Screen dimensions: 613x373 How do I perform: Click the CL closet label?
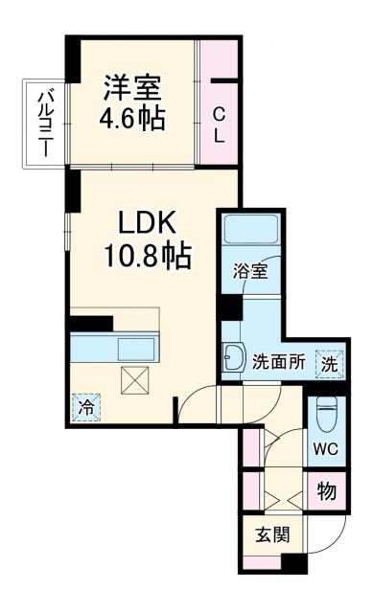coord(219,122)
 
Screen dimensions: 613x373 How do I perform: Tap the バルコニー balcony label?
coord(45,121)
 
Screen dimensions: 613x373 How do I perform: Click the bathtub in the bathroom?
coord(250,229)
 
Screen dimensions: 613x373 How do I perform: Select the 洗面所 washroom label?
coord(277,363)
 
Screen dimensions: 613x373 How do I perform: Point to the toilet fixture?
coord(326,413)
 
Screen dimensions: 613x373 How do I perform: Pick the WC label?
coord(326,448)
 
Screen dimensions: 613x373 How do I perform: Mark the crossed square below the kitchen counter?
coord(134,382)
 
